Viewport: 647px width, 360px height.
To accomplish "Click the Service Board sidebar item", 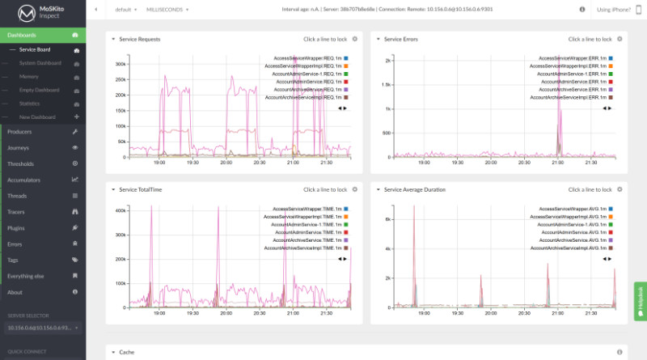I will tap(35, 49).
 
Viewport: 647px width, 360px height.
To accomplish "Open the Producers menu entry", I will tap(19, 131).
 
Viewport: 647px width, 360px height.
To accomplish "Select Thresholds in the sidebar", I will tap(20, 163).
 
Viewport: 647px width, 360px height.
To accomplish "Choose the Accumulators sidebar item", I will tap(23, 180).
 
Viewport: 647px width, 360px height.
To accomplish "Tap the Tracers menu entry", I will tap(16, 212).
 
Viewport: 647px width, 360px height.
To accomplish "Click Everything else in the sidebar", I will tap(25, 276).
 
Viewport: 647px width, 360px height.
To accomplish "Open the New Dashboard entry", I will tap(36, 117).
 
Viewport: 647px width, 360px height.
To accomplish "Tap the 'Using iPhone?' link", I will tap(612, 10).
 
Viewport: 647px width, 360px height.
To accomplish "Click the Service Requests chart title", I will tap(139, 39).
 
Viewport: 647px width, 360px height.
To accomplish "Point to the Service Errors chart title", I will tap(401, 39).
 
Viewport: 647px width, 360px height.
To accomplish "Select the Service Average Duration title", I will tap(414, 189).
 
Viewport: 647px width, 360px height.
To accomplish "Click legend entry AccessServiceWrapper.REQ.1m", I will tap(303, 58).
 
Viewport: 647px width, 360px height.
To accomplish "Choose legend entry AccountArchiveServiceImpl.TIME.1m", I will tap(303, 248).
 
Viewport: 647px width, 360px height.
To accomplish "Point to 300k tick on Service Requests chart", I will tap(122, 65).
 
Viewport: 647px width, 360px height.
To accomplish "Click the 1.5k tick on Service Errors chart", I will tap(387, 84).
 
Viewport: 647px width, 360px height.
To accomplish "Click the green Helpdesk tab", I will tap(641, 301).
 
